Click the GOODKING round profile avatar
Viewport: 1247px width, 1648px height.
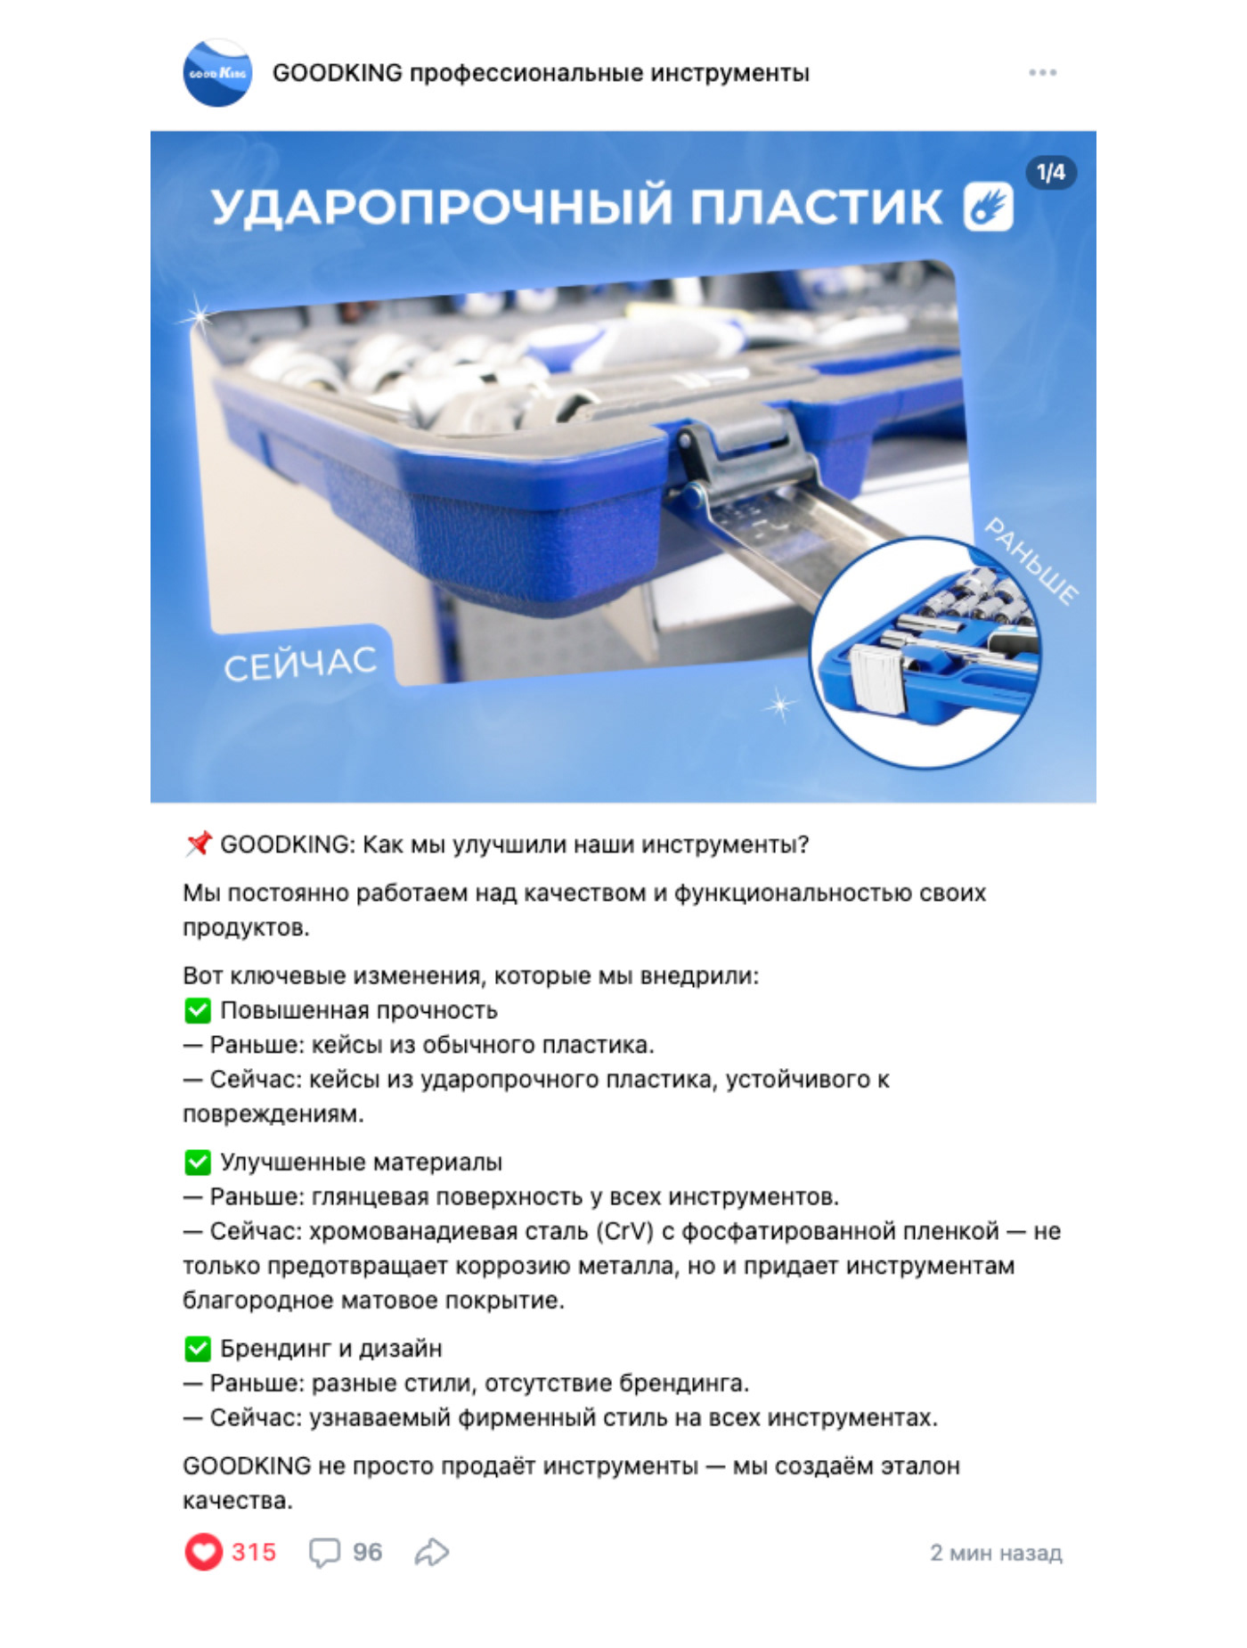pos(217,72)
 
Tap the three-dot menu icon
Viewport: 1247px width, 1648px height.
pos(1042,72)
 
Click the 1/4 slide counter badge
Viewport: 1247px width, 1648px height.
pos(1051,173)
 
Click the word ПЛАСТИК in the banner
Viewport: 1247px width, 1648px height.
pos(816,207)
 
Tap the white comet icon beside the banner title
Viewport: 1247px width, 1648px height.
pos(988,207)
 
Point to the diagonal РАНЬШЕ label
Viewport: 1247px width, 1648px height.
pos(1031,561)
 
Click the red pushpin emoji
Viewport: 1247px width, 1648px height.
pos(198,844)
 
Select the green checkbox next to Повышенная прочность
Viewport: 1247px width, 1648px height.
pos(198,1010)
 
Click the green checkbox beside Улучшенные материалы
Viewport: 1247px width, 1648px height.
pos(198,1162)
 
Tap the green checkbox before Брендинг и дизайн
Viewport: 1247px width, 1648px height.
pos(198,1349)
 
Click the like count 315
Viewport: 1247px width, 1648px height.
pos(254,1552)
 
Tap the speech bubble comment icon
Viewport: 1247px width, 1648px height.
pos(324,1553)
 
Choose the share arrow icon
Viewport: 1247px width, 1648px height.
pos(432,1552)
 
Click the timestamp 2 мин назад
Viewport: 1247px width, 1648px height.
pos(996,1553)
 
